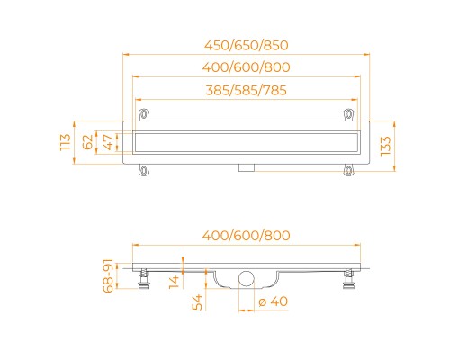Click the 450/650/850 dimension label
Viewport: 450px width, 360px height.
coord(247,45)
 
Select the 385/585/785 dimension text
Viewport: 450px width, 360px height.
coord(246,90)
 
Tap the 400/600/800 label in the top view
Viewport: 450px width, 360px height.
coord(247,67)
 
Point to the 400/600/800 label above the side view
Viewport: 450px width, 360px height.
coord(247,236)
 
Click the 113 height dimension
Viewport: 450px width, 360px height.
coord(66,142)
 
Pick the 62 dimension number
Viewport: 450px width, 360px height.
coord(87,142)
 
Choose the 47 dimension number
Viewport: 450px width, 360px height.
coord(108,142)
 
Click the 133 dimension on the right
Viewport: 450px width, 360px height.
coord(385,146)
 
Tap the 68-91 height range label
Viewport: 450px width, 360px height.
coord(108,275)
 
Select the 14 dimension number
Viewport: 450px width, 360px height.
coord(174,282)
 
